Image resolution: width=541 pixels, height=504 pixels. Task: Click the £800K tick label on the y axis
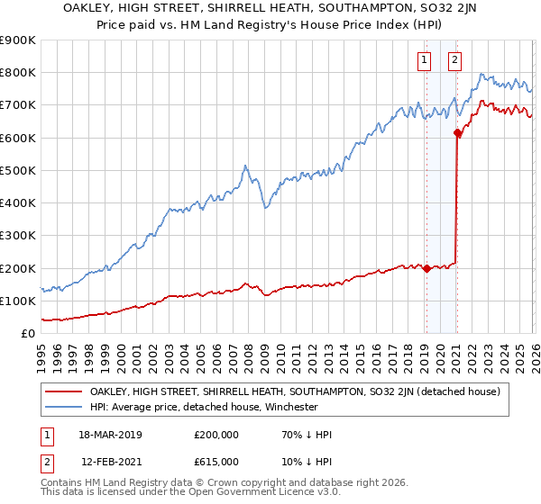tap(18, 73)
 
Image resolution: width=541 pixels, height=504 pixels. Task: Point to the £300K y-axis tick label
tap(18, 236)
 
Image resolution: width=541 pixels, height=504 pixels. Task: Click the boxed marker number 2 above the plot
tap(454, 60)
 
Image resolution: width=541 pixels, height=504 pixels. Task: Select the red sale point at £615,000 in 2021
tap(457, 133)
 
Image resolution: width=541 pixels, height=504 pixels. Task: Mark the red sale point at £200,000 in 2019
tap(426, 268)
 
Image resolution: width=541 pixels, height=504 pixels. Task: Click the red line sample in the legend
tap(64, 391)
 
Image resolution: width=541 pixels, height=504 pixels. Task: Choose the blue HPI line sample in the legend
tap(64, 407)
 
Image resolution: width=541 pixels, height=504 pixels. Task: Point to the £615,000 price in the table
tap(216, 461)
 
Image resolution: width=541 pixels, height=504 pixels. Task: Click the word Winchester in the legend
tap(289, 407)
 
